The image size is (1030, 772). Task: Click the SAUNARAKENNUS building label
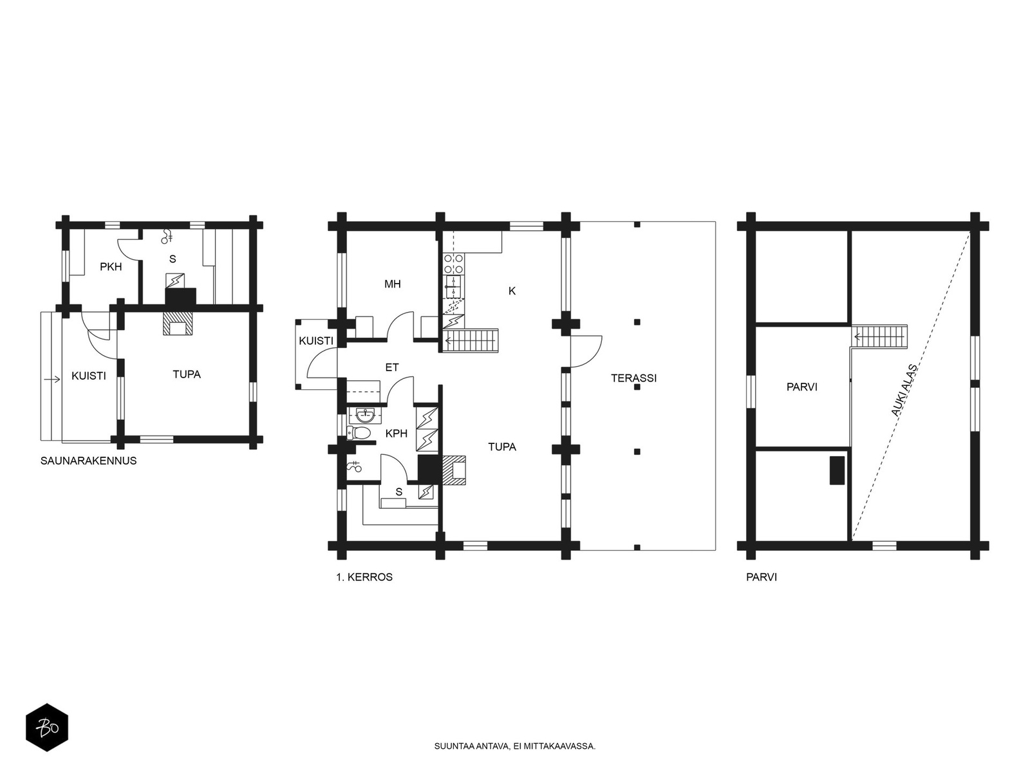point(88,461)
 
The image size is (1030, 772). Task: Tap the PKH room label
point(111,267)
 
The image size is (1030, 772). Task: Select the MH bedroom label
point(392,284)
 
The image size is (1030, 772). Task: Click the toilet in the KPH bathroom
point(359,432)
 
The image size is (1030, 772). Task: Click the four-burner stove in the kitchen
point(454,264)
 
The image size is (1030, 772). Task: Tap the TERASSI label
point(633,378)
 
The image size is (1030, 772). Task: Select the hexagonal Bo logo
point(47,728)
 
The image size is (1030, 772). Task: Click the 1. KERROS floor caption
point(364,577)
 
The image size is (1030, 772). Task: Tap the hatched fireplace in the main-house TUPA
point(454,470)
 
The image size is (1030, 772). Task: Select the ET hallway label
point(392,367)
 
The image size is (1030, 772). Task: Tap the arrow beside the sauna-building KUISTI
point(52,379)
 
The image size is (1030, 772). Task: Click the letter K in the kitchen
point(512,291)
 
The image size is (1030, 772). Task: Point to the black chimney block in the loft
point(837,470)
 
